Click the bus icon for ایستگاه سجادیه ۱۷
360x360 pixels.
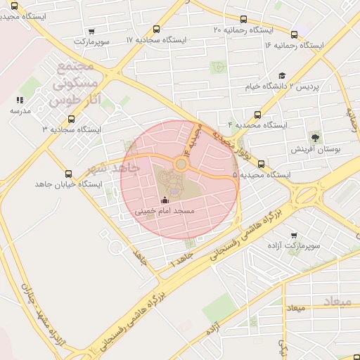tap(155, 30)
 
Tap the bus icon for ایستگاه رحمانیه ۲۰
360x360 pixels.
tap(243, 20)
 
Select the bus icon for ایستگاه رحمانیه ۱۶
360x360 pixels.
tap(294, 34)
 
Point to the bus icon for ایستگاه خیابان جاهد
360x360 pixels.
tap(68, 173)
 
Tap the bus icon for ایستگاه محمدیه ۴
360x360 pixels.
tap(258, 114)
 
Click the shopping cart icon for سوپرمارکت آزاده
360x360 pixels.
tap(293, 236)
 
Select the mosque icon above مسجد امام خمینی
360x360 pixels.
tap(165, 199)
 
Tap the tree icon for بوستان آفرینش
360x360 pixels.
tap(314, 138)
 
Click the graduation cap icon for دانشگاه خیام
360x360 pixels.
tap(282, 76)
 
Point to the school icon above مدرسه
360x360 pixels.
tap(20, 101)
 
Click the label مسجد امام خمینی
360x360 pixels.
tap(165, 210)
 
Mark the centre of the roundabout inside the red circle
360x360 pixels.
tap(181, 165)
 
